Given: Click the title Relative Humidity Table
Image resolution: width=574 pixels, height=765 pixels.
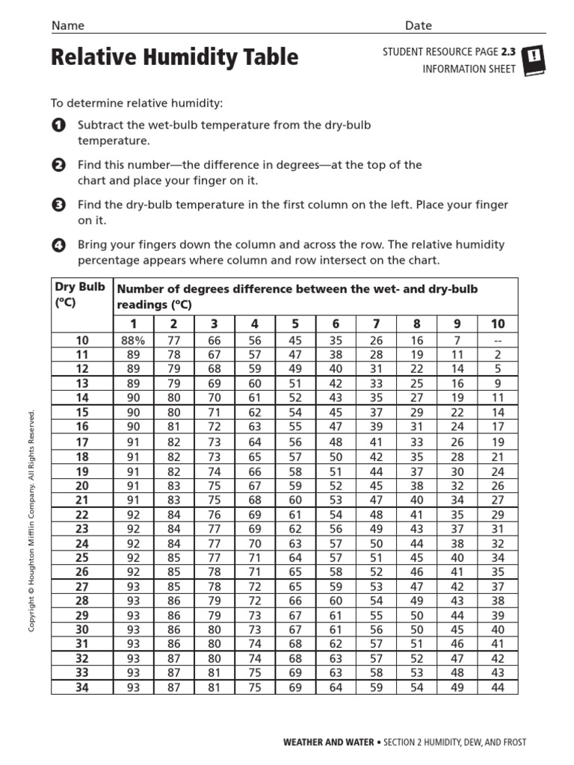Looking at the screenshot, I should tap(174, 58).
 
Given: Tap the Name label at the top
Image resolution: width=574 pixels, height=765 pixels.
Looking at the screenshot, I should tap(67, 25).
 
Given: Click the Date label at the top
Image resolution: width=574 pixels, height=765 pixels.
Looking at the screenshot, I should tap(419, 25).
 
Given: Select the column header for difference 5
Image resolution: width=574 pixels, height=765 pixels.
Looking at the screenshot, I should tap(295, 323).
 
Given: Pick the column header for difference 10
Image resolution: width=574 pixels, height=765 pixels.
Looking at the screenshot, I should tap(498, 323).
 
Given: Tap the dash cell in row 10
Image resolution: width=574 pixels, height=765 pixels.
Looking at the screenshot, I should tap(498, 341).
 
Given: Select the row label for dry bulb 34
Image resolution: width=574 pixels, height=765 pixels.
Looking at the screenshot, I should tap(81, 687).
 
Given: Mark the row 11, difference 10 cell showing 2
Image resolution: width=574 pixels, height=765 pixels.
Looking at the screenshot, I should tap(498, 355).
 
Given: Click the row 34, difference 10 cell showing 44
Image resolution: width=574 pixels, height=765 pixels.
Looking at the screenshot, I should tap(498, 687).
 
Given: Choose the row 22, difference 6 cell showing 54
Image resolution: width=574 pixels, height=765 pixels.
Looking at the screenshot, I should tap(336, 514).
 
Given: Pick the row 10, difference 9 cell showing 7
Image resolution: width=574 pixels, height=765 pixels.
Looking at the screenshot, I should tap(457, 341).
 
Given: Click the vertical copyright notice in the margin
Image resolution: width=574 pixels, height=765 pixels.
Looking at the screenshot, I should tap(32, 520).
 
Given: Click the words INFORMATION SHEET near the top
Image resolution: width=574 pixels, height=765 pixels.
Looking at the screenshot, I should tap(469, 69).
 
